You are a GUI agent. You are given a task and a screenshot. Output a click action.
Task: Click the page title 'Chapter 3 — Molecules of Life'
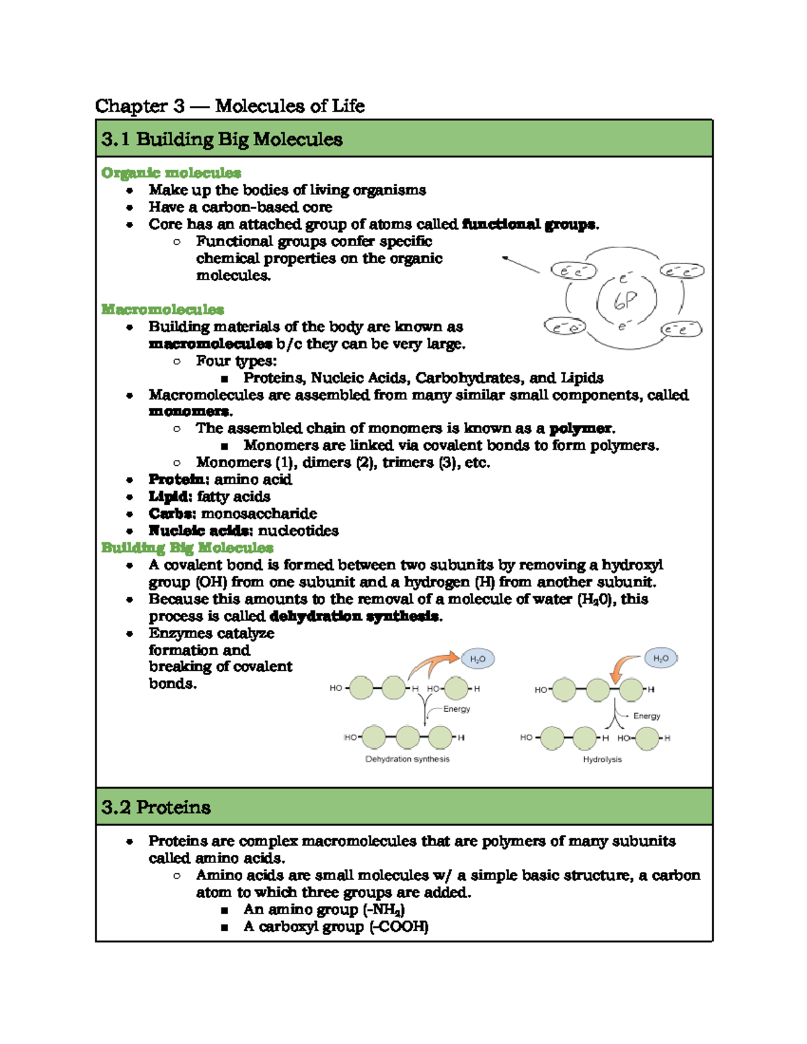[x=229, y=106]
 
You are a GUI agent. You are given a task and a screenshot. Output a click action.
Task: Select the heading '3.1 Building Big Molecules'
[x=222, y=139]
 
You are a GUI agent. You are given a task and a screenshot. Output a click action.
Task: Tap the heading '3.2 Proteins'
[x=156, y=807]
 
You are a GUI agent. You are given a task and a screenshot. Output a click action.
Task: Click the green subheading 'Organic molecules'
[x=171, y=173]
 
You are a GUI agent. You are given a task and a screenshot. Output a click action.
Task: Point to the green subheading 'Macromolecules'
[x=162, y=309]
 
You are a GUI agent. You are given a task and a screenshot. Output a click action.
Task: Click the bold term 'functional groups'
[x=529, y=225]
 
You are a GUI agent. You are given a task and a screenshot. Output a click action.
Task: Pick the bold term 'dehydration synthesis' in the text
[x=354, y=616]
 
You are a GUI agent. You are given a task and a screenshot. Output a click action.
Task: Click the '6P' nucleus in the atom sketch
[x=625, y=301]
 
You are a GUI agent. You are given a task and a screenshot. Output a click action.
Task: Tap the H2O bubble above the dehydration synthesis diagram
[x=477, y=659]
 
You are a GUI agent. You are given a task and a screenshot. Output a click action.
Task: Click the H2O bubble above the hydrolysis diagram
[x=660, y=659]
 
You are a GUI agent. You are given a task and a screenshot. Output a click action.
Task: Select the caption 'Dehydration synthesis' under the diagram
[x=407, y=759]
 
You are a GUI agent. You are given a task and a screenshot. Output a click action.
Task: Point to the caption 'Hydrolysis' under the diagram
[x=602, y=759]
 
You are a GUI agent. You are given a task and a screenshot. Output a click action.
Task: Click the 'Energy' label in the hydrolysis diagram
[x=646, y=716]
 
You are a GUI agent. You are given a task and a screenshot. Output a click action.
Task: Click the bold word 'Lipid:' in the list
[x=171, y=497]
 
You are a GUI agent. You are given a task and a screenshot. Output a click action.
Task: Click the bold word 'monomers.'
[x=190, y=411]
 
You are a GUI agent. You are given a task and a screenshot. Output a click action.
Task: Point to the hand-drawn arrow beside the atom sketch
[x=521, y=264]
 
